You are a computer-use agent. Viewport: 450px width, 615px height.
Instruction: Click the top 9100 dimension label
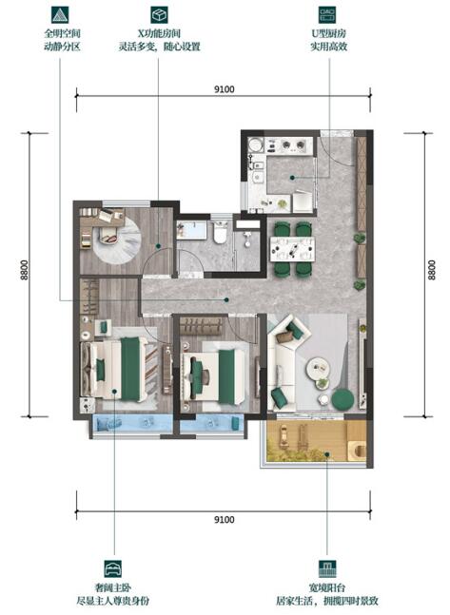[x=225, y=90]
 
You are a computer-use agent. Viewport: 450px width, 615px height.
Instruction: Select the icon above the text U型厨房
[x=329, y=16]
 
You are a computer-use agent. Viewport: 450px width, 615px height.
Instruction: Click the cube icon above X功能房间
[x=158, y=16]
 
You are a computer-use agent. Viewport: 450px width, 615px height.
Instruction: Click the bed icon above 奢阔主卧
[x=113, y=568]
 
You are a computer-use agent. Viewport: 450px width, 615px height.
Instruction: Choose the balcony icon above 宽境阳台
[x=329, y=568]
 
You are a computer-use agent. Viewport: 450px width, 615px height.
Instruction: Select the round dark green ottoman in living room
[x=342, y=399]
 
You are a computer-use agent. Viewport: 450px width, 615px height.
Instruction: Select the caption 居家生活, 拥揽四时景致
[x=329, y=601]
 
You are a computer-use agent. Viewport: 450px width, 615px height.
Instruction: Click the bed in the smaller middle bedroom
[x=218, y=372]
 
